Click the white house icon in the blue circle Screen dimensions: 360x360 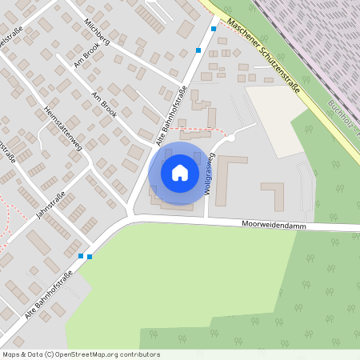tap(179, 172)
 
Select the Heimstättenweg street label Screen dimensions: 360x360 tap(58, 129)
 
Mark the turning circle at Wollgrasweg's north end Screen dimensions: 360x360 tap(230, 138)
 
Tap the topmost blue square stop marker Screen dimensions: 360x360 tap(214, 28)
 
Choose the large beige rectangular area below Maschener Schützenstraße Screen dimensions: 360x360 tap(276, 120)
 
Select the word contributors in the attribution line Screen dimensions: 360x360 tap(139, 354)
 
